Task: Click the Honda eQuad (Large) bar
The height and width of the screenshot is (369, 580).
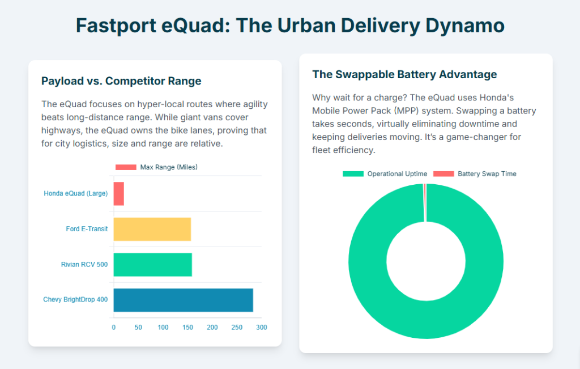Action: click(x=119, y=194)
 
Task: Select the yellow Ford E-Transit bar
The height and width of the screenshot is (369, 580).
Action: click(x=152, y=229)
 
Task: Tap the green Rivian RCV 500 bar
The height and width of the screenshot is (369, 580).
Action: click(x=152, y=265)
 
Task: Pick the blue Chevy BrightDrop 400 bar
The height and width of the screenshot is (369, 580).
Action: click(x=183, y=300)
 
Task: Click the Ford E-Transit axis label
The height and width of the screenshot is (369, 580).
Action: click(x=87, y=229)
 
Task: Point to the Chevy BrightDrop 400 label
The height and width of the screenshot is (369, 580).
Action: click(x=75, y=300)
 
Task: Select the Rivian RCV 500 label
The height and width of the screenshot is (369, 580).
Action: click(x=84, y=265)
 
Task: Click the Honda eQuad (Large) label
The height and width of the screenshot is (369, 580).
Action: click(x=76, y=194)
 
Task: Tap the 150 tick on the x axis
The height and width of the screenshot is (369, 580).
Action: click(x=187, y=328)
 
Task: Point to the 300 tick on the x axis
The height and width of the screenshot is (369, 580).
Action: click(x=261, y=328)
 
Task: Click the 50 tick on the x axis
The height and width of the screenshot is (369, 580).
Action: click(x=138, y=328)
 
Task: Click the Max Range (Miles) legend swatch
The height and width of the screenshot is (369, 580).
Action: click(x=126, y=167)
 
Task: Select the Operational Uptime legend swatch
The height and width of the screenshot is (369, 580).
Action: click(x=353, y=174)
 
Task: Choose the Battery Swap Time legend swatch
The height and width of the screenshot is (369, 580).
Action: click(x=443, y=174)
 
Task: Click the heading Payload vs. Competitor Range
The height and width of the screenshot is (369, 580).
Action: click(x=121, y=81)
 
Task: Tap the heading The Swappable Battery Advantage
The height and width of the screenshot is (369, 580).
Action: click(x=404, y=74)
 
